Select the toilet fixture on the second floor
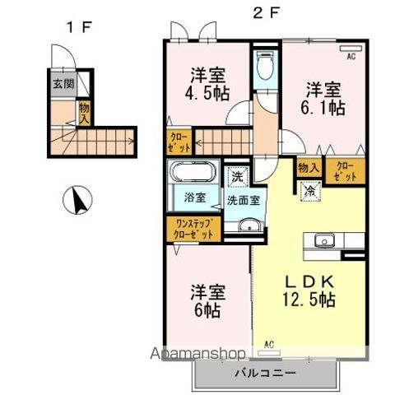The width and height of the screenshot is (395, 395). coord(265,66)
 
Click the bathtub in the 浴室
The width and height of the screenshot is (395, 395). coord(193,174)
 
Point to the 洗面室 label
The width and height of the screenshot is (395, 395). coord(244,198)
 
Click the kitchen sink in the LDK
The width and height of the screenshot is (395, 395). coord(323,240)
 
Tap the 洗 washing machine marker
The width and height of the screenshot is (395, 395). coord(236,175)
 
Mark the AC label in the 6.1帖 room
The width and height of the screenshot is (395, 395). coord(350,56)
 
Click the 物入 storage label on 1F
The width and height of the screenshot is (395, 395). coord(84,111)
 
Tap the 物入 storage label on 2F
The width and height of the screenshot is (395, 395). coord(309,167)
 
